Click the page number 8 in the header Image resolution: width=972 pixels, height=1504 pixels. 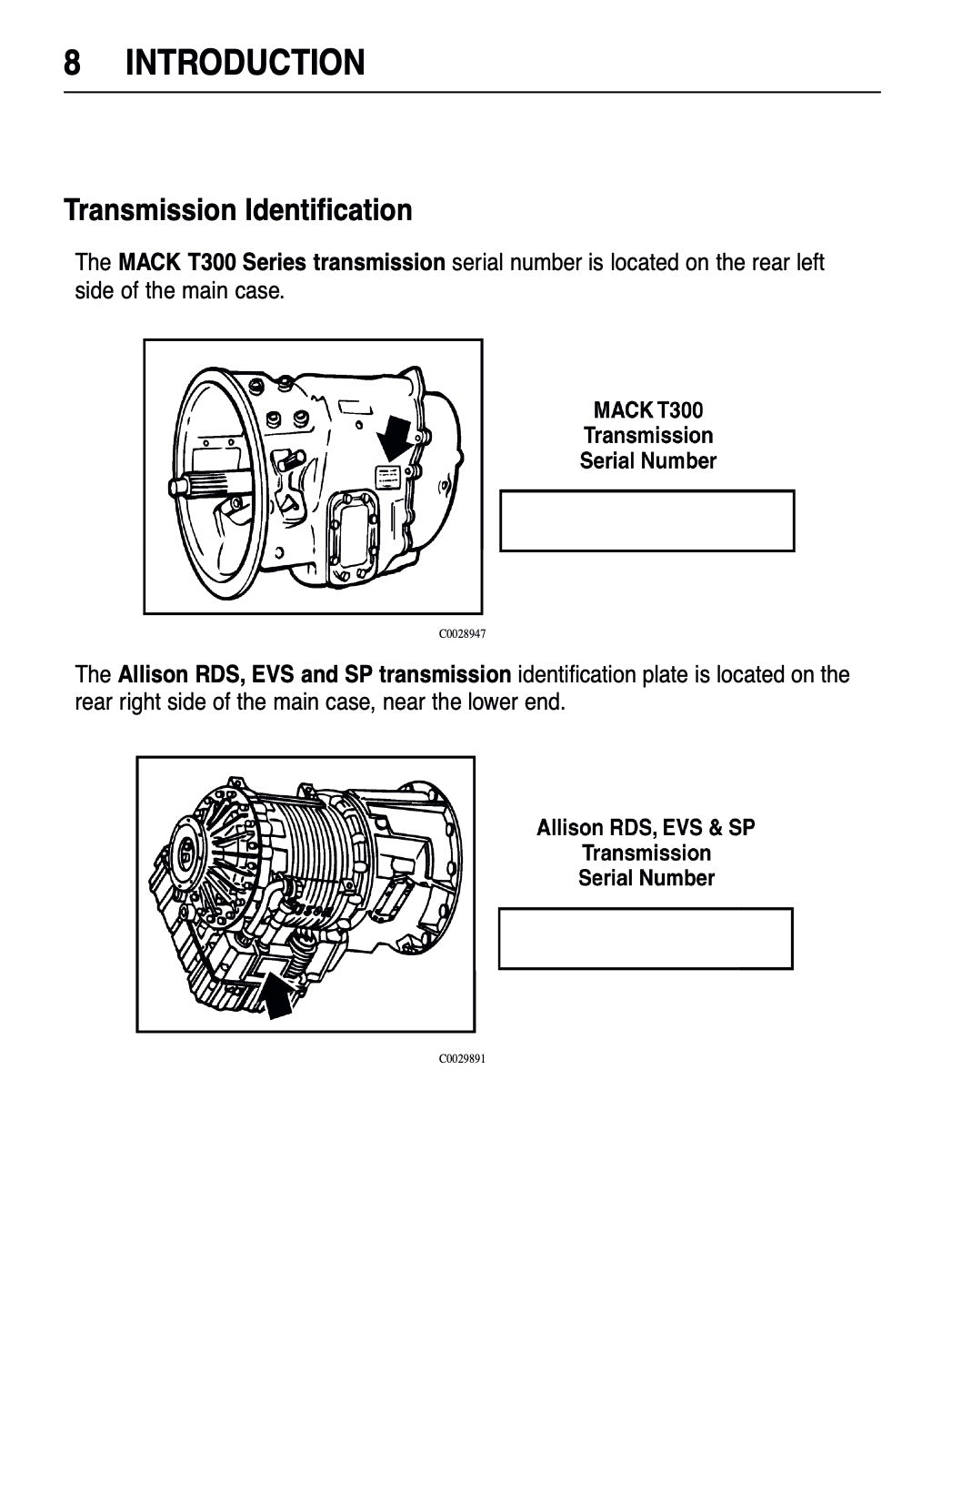[x=72, y=64]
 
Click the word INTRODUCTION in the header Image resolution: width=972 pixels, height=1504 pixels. [x=246, y=64]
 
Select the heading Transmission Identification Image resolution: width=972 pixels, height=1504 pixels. [x=237, y=210]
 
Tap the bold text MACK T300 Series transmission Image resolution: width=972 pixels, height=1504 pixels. [x=282, y=263]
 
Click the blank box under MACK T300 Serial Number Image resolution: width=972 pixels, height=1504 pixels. [x=646, y=520]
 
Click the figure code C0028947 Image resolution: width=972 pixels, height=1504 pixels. [x=462, y=634]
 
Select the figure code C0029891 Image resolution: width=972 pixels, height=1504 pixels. [x=462, y=1059]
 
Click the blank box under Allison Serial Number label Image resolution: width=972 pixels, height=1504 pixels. [x=645, y=938]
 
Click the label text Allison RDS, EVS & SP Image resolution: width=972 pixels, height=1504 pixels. [x=646, y=827]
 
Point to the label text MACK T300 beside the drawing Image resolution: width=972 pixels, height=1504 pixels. [x=647, y=409]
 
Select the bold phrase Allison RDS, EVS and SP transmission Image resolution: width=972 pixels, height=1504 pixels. [x=315, y=675]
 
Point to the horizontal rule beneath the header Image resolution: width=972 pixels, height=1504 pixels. [x=472, y=92]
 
